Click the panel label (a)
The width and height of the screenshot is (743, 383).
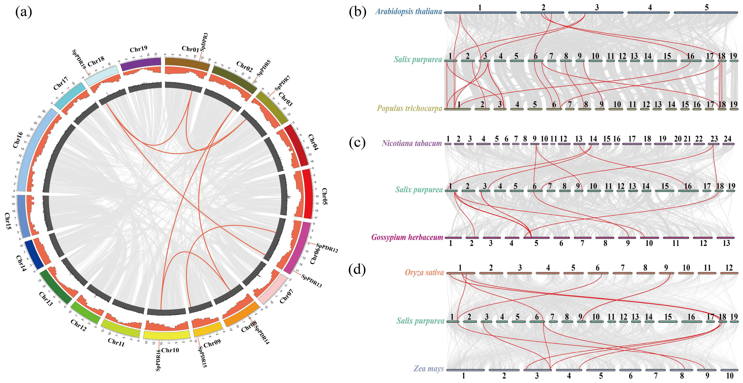[x=24, y=12]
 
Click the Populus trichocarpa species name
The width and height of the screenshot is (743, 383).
[x=409, y=108]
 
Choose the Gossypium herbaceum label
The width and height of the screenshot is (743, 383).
[x=407, y=237]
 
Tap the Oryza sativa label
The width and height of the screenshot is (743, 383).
[x=424, y=272]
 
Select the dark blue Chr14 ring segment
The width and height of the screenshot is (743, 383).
[x=34, y=254]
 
